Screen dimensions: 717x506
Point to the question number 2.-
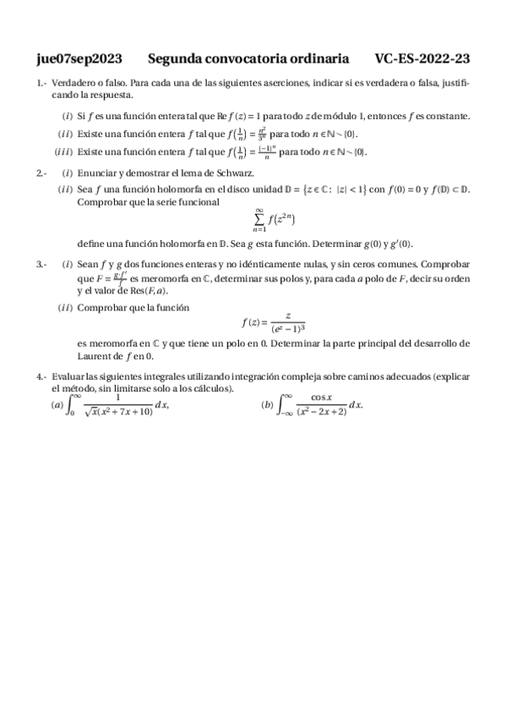pyautogui.click(x=41, y=173)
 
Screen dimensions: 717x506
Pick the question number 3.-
pyautogui.click(x=41, y=265)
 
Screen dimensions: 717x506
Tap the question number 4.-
pyautogui.click(x=41, y=375)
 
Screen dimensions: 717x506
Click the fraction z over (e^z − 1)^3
pyautogui.click(x=288, y=322)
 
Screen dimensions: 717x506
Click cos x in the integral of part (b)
pyautogui.click(x=320, y=397)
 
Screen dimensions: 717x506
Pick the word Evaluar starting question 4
pyautogui.click(x=68, y=375)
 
